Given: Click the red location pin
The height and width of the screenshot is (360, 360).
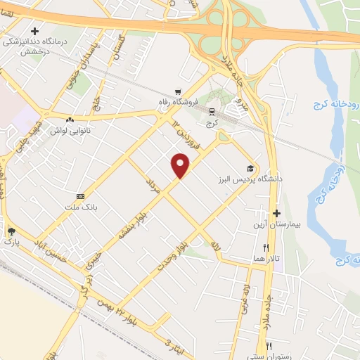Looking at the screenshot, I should click(181, 165).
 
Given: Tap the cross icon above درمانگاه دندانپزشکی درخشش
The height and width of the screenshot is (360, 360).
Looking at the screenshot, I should click(33, 31).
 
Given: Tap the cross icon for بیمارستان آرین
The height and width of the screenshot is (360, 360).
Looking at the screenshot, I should click(276, 213).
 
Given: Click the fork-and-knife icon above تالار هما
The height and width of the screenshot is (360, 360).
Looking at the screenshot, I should click(266, 247).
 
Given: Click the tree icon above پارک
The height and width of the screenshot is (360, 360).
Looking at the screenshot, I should click(11, 231).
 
